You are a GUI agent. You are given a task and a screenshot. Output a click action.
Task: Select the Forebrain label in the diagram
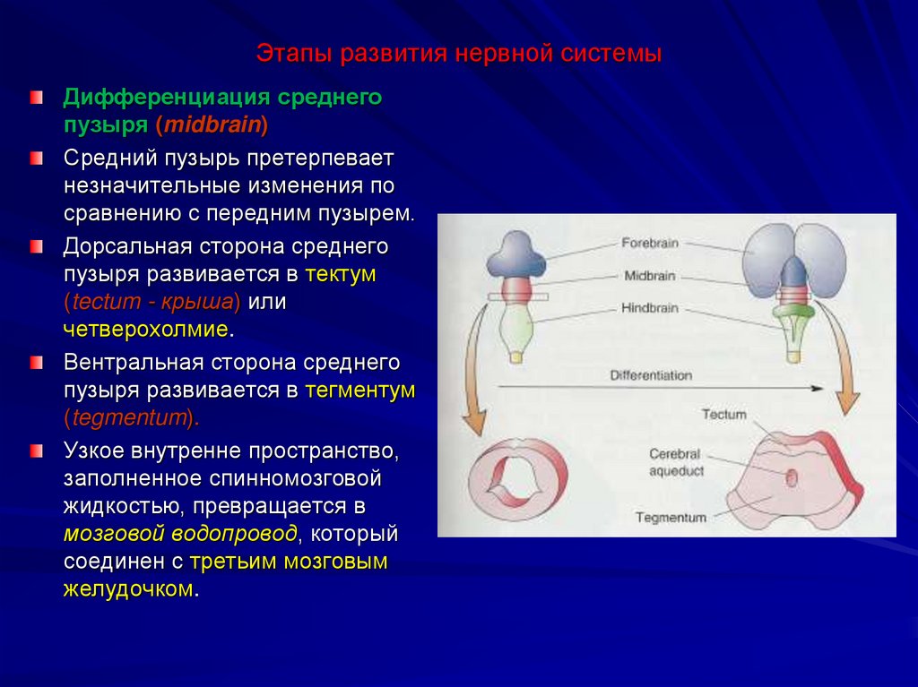tap(650, 243)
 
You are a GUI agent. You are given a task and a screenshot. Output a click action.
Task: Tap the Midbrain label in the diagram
tap(648, 276)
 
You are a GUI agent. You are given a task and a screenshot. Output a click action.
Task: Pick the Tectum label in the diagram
tap(724, 415)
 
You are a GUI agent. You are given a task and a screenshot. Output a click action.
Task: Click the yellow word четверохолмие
tap(146, 329)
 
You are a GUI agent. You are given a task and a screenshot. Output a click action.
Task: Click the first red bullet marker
tap(35, 96)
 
